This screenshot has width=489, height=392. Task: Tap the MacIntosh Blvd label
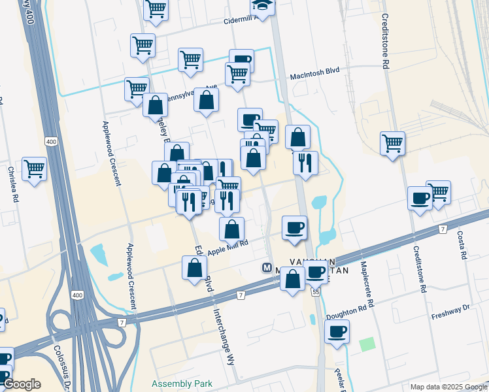(316, 77)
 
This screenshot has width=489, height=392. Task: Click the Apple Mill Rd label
(228, 248)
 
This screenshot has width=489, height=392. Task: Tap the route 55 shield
(316, 291)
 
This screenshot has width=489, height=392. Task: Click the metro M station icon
(267, 267)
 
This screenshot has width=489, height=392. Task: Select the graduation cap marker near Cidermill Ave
(263, 7)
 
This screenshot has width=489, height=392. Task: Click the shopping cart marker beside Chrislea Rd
(34, 169)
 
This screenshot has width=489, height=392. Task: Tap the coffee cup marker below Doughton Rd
(337, 331)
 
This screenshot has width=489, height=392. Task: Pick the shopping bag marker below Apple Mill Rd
(195, 267)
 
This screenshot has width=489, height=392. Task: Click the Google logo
(22, 384)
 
